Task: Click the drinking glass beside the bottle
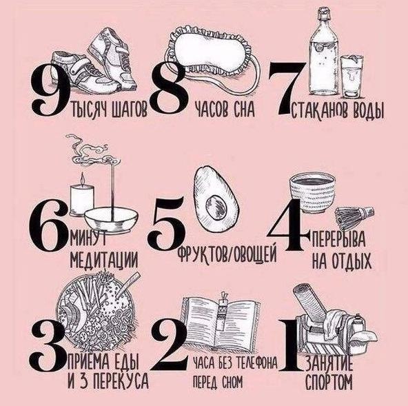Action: click(x=351, y=77)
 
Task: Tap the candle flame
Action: click(x=83, y=179)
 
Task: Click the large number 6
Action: click(x=48, y=225)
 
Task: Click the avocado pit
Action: click(x=216, y=206)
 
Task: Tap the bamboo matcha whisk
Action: click(x=354, y=216)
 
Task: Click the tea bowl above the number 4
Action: click(x=312, y=192)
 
